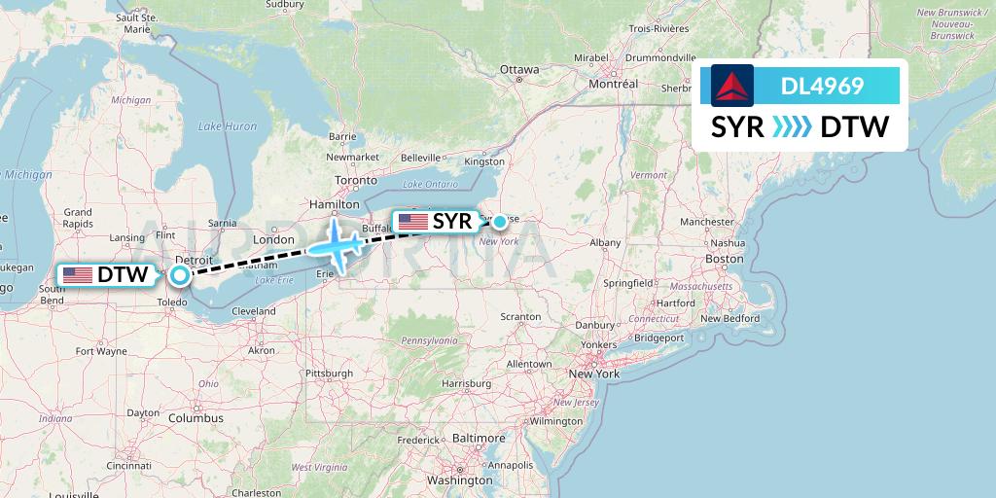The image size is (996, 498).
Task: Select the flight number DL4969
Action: tap(822, 86)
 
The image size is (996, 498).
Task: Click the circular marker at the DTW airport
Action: tap(180, 275)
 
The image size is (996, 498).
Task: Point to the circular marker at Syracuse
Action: tap(499, 222)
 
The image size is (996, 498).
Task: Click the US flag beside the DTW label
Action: tap(77, 275)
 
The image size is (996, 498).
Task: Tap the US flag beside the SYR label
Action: tap(413, 222)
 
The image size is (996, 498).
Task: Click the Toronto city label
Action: tap(355, 181)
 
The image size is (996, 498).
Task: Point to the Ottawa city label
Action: tap(518, 69)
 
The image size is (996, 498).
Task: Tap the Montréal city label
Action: tap(613, 84)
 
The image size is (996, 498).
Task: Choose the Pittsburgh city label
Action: tap(329, 373)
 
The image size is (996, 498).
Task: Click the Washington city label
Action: tap(459, 480)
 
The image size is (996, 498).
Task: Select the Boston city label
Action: tap(724, 259)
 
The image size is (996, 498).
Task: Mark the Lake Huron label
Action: tap(228, 126)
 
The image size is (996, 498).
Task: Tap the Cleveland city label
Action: tap(254, 311)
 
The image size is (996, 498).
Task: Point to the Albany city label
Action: tap(605, 242)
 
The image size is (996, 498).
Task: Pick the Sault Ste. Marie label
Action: tap(136, 22)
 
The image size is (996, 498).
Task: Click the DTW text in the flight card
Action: tap(855, 127)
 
